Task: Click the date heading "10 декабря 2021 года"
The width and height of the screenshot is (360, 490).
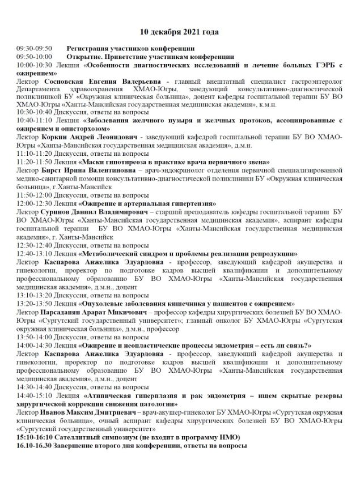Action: [x=180, y=32]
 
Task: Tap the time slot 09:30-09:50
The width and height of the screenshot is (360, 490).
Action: [x=35, y=49]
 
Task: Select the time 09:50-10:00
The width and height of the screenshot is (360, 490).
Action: [x=35, y=57]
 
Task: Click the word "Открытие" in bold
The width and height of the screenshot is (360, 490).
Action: [x=84, y=57]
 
